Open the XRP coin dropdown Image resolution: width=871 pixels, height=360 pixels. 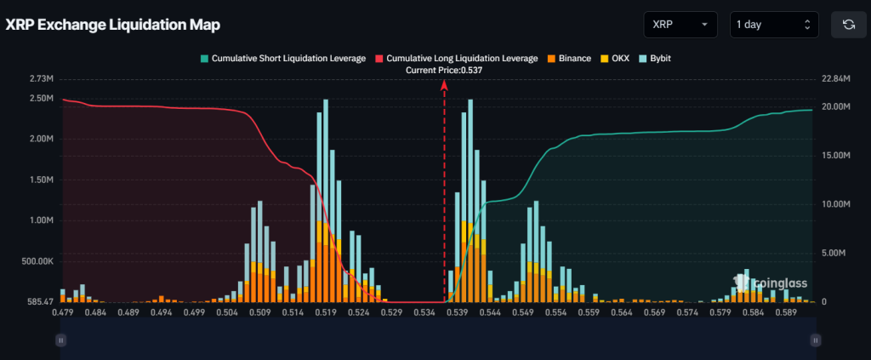680,25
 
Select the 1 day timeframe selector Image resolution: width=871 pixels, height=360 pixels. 774,25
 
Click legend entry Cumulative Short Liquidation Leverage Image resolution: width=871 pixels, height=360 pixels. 284,58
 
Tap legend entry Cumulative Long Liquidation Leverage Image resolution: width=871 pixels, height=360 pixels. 456,58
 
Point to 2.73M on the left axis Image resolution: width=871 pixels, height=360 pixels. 41,78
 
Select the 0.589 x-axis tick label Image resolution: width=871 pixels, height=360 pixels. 786,312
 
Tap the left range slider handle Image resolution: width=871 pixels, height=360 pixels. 60,340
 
